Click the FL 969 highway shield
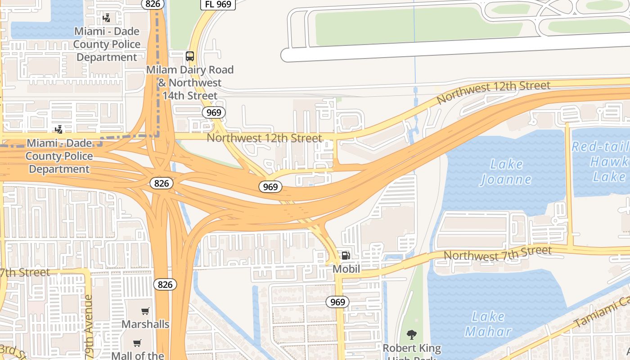coord(218,4)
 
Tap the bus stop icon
coord(190,56)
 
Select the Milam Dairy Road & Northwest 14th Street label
coord(190,83)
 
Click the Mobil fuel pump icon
coord(346,256)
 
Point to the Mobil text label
coord(346,269)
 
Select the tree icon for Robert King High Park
coord(411,334)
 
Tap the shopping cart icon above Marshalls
coord(145,311)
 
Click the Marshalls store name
coord(145,324)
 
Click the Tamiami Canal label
coord(602,313)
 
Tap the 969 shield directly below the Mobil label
coord(337,302)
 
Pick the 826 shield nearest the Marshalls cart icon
coord(165,284)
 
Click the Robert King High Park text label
coord(412,351)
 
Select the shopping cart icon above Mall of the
coord(137,343)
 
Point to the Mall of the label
coord(138,355)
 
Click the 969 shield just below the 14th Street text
coord(213,112)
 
